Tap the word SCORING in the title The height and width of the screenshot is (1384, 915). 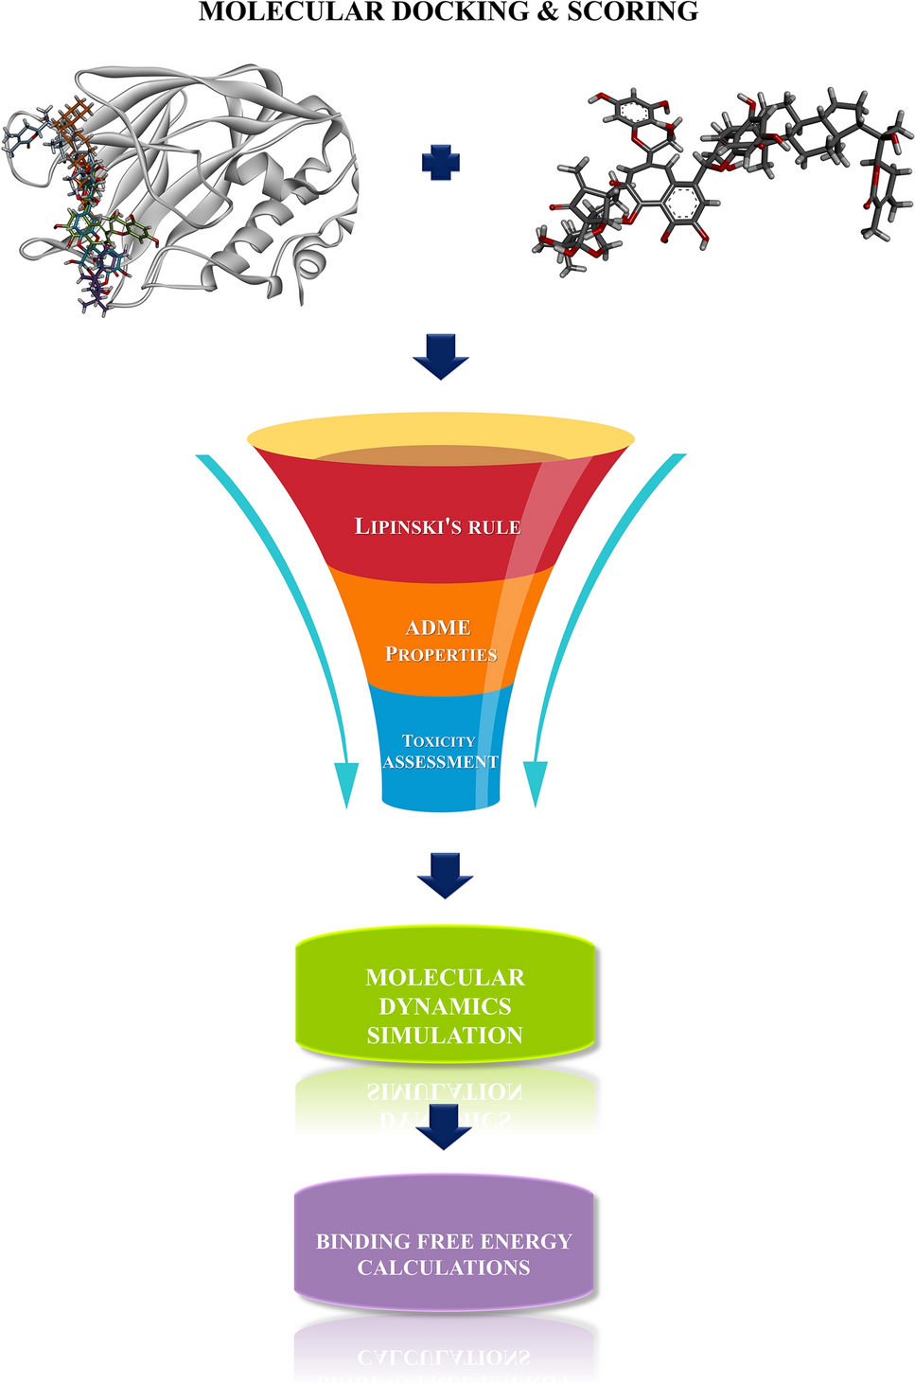click(x=632, y=12)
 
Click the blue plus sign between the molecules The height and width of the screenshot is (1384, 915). click(x=441, y=163)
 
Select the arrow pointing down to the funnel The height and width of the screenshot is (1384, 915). click(x=441, y=356)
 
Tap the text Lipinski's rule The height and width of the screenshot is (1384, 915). click(x=438, y=526)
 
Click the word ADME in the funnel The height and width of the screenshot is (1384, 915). click(x=438, y=628)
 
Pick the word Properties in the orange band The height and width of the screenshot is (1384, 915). click(x=441, y=654)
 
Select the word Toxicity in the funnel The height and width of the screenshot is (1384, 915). click(x=439, y=740)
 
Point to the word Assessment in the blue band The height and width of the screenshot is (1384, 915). click(x=440, y=762)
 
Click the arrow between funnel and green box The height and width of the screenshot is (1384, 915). click(x=445, y=875)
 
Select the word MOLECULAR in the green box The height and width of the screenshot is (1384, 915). click(x=445, y=977)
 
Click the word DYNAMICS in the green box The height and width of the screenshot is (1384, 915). click(x=445, y=1006)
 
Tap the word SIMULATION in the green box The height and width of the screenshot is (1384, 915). click(x=445, y=1036)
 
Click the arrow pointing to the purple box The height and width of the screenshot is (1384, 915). click(x=444, y=1127)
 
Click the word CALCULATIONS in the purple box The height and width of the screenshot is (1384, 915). click(x=444, y=1268)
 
